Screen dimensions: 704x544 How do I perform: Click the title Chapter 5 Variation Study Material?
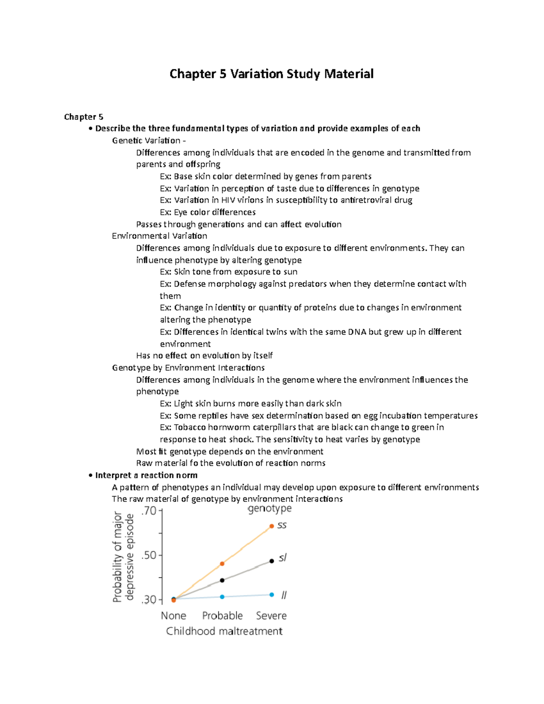(271, 74)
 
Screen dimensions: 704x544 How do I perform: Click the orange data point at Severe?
(272, 526)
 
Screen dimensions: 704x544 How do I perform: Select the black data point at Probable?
(222, 580)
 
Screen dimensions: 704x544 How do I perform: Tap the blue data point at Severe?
(272, 595)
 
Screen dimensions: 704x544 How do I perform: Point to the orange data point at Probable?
(222, 564)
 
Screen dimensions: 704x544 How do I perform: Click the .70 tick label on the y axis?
(149, 511)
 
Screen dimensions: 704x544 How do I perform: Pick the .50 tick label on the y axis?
(149, 555)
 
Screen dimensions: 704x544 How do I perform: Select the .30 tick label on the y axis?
(149, 600)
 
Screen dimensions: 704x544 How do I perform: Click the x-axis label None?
(174, 616)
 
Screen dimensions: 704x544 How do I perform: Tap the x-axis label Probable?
(222, 616)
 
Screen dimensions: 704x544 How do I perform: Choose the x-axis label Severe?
(271, 616)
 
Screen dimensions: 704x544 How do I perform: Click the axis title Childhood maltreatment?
(224, 631)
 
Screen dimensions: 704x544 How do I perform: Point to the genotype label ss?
(282, 525)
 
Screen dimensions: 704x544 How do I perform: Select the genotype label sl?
(282, 558)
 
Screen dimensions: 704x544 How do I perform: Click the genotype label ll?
(284, 595)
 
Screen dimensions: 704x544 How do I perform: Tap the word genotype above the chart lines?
(269, 509)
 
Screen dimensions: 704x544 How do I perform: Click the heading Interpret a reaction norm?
(146, 475)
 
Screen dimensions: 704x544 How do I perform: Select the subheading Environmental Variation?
(160, 236)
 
